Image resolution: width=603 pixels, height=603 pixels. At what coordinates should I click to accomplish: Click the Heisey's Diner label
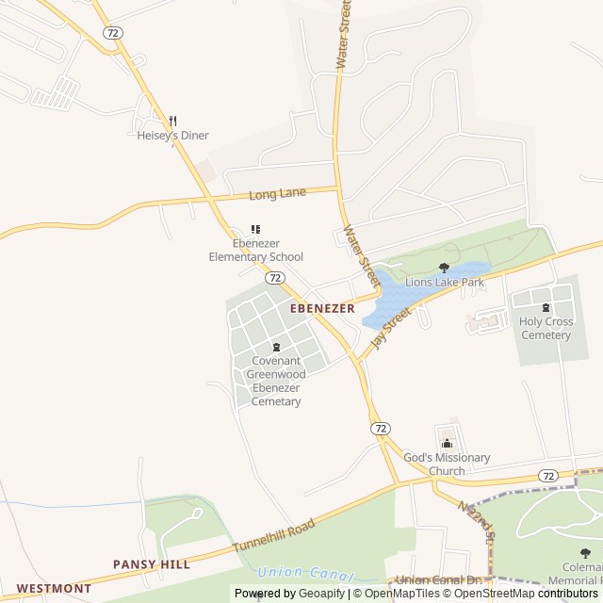(173, 136)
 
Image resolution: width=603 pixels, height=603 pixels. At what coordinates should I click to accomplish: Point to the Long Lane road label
(278, 194)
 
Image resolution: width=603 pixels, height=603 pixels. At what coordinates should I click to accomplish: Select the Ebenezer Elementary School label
(256, 250)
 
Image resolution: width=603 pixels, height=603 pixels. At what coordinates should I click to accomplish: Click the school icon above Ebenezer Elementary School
(255, 229)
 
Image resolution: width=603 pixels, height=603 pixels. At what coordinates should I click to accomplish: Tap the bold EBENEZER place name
(322, 308)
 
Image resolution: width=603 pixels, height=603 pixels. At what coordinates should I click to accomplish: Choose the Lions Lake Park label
(445, 282)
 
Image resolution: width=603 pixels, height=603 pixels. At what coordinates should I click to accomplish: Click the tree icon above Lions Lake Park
(445, 268)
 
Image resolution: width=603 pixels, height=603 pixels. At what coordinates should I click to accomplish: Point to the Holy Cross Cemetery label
(546, 328)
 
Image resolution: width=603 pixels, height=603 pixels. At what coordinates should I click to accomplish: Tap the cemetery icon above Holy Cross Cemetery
(546, 307)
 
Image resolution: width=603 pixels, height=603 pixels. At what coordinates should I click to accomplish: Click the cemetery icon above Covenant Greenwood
(276, 347)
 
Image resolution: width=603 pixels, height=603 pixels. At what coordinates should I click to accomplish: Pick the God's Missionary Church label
(447, 464)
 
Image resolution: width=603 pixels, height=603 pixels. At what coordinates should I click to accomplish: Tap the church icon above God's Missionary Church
(448, 444)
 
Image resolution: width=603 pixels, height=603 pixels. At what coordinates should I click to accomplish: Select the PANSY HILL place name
(152, 564)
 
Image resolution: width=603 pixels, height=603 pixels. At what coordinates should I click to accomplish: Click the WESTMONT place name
(54, 588)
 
